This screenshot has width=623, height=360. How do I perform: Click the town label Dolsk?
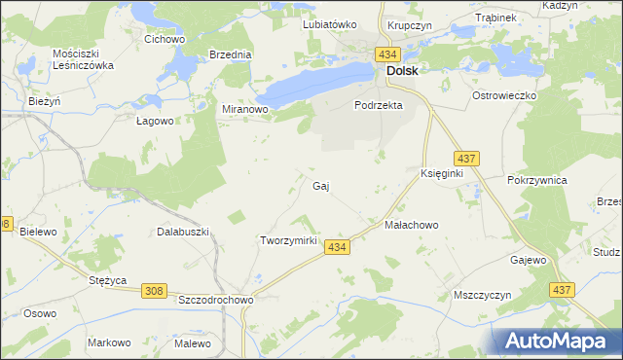click(x=403, y=71)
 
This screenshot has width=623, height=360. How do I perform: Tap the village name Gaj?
click(x=319, y=185)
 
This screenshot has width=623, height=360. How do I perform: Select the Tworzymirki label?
click(x=288, y=240)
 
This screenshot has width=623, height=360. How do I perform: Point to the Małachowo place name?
click(x=412, y=225)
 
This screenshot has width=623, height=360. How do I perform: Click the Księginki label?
click(x=441, y=172)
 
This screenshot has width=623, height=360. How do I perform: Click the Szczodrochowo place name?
click(x=216, y=301)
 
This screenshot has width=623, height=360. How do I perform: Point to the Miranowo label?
click(x=245, y=110)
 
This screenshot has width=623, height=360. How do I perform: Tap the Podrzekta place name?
click(x=379, y=105)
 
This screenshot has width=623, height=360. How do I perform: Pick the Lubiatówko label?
click(x=330, y=24)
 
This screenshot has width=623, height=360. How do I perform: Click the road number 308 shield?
click(x=154, y=291)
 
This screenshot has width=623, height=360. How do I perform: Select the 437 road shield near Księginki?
click(x=465, y=158)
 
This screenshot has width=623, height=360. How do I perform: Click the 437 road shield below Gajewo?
click(x=562, y=290)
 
